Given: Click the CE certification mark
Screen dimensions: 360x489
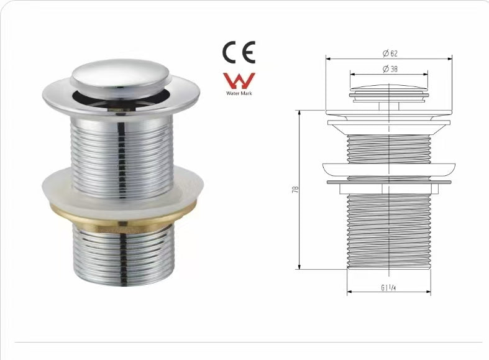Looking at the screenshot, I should coord(239,52).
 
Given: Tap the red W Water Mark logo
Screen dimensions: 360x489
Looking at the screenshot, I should coord(239,81).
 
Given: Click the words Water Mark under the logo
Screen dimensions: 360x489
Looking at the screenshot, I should coord(239,95).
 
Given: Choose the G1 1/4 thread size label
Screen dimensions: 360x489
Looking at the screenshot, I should coord(389,287).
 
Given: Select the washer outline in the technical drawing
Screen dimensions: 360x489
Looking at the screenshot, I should coord(389,170).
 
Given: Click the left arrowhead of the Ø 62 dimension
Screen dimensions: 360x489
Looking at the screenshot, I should coord(328,59).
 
